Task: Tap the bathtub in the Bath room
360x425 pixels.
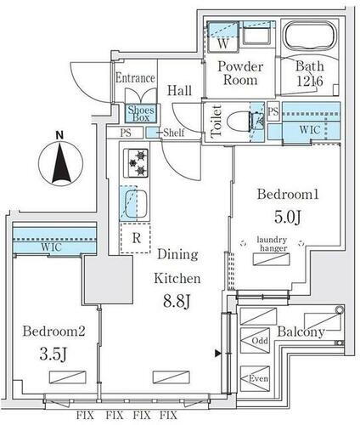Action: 310,36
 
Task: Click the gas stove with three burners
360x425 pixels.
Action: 136,163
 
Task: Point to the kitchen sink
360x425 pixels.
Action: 136,204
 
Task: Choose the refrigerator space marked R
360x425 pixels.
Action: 135,238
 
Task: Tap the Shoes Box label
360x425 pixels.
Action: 141,113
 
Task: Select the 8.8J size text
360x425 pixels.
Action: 176,301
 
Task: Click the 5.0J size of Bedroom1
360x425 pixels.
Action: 287,217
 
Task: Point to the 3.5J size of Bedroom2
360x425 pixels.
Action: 53,354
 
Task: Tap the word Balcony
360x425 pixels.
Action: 301,332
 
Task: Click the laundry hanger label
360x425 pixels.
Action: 272,244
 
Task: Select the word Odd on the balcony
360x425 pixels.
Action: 260,340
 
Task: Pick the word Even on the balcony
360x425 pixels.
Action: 258,378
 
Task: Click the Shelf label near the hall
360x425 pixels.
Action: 174,133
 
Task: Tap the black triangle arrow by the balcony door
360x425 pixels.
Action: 217,353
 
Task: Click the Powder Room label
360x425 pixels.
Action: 240,73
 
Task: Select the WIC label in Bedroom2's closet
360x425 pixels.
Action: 51,246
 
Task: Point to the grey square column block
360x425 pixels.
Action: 109,280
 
